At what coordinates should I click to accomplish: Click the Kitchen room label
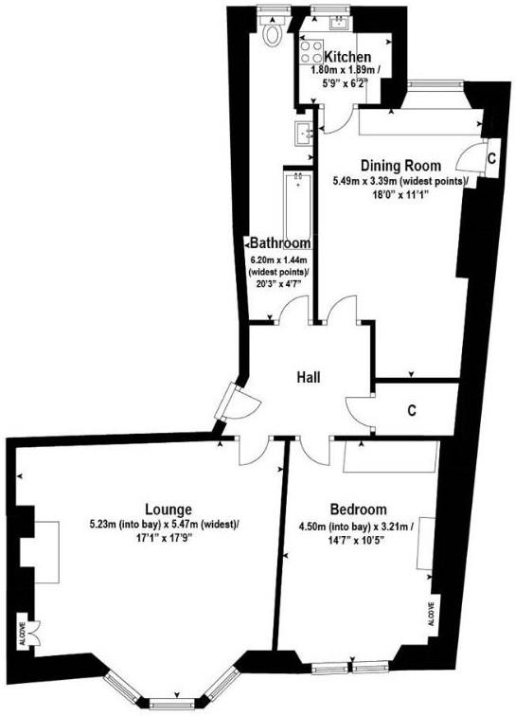point(347,57)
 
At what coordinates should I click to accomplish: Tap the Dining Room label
point(400,166)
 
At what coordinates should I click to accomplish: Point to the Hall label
point(309,378)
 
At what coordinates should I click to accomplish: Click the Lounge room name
point(169,510)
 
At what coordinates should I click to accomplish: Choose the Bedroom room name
point(359,510)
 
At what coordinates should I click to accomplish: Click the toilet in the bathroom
point(273,34)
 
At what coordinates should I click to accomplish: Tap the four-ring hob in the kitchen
point(311,51)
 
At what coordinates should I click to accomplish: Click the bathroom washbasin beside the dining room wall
point(305,134)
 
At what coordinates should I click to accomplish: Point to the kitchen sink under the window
point(339,23)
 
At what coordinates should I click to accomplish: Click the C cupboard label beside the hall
point(412,410)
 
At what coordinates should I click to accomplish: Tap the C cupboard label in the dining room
point(491,158)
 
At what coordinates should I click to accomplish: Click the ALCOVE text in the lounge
point(22,635)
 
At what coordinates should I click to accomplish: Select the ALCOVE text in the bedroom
point(431,614)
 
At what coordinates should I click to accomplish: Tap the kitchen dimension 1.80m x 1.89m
point(345,71)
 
